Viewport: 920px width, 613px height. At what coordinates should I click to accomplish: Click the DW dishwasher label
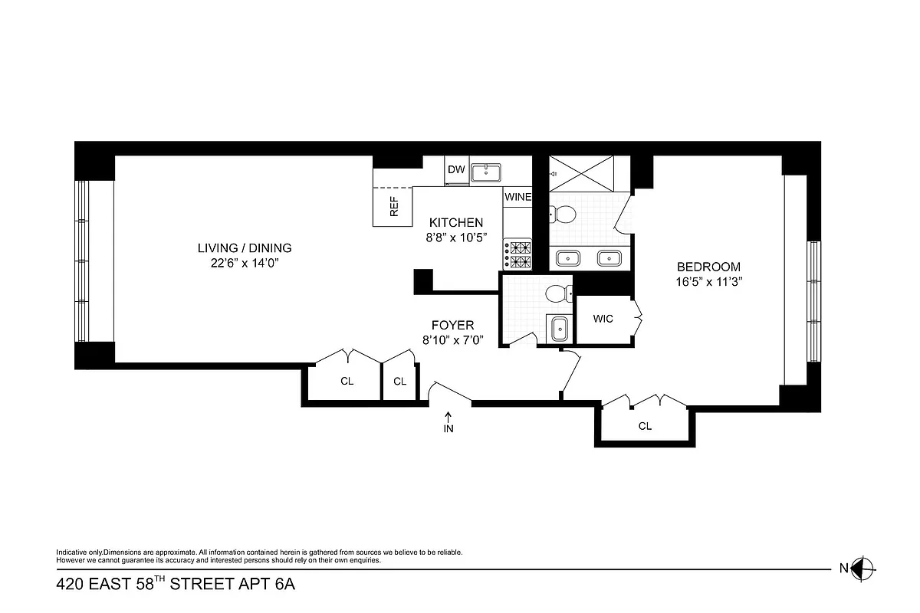tap(456, 169)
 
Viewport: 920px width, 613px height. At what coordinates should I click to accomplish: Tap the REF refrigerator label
tap(394, 207)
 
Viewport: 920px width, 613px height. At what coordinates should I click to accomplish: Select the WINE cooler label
tap(517, 197)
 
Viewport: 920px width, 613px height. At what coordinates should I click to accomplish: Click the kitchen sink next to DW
tap(485, 172)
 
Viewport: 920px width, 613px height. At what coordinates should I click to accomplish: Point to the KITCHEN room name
tap(456, 222)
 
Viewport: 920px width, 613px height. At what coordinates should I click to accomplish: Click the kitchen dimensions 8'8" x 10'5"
tap(456, 238)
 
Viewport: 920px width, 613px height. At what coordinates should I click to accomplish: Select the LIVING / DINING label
tap(245, 247)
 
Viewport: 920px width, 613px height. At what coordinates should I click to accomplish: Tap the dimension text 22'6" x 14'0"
tap(245, 264)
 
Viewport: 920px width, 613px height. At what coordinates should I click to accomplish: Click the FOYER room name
tap(452, 325)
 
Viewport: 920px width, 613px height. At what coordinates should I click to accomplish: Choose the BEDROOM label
tap(708, 267)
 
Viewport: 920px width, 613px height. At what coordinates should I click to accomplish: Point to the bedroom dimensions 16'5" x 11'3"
tap(708, 281)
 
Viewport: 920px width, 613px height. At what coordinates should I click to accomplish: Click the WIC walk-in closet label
tap(603, 319)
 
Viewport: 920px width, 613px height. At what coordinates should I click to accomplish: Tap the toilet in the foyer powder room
tap(557, 292)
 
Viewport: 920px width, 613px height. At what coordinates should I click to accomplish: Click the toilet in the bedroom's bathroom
tap(562, 215)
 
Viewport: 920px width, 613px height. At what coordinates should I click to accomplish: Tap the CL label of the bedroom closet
tap(645, 426)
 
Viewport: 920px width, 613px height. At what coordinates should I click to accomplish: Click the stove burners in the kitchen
tap(517, 254)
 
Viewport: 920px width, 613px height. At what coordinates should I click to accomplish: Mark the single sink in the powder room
tap(559, 327)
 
